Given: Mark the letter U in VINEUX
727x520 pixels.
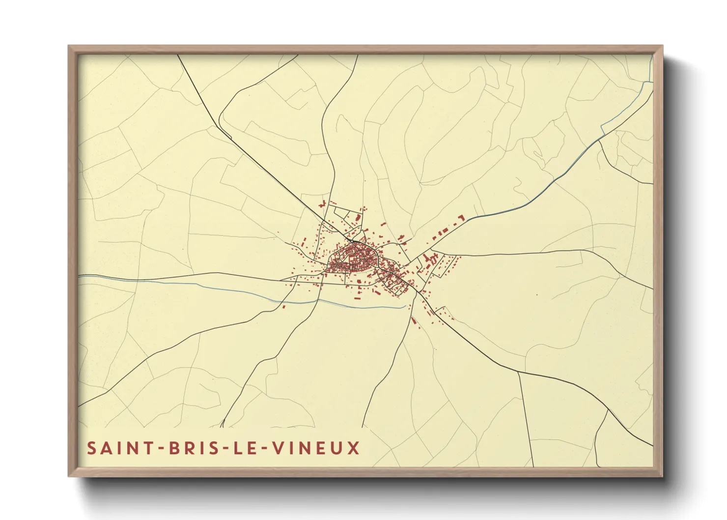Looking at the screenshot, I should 339,448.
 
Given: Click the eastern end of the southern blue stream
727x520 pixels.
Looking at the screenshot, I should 407,307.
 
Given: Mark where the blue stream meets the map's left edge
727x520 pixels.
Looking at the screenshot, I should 80,277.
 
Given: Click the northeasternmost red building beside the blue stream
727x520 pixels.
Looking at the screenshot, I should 461,217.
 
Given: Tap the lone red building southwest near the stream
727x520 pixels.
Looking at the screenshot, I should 283,307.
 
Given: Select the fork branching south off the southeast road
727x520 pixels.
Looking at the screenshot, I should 519,372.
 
